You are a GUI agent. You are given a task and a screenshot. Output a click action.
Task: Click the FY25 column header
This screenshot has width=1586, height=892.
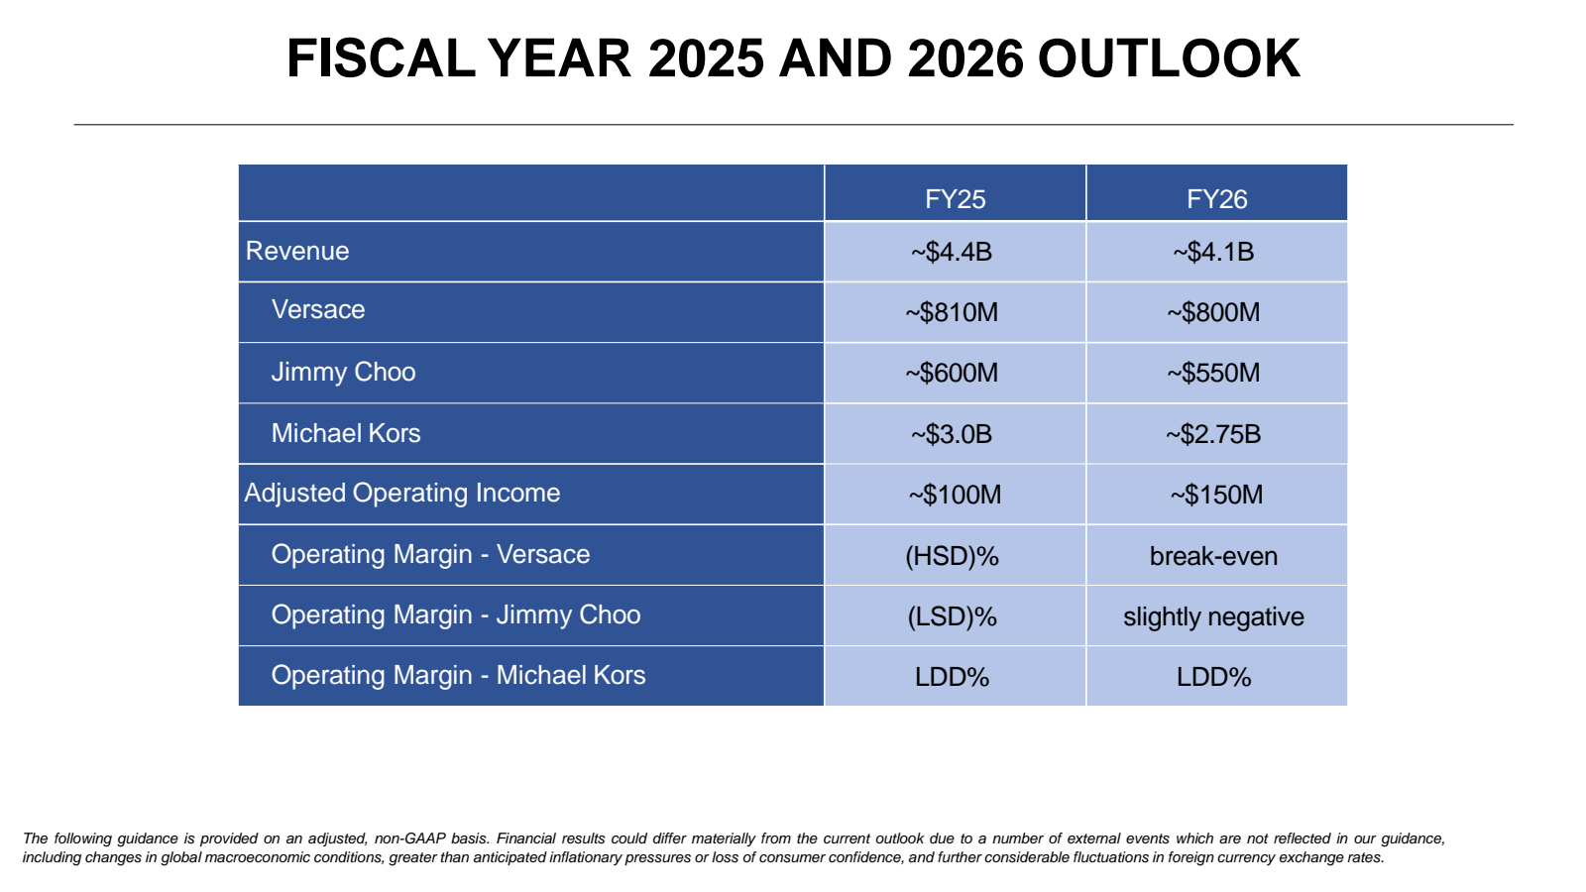(x=955, y=199)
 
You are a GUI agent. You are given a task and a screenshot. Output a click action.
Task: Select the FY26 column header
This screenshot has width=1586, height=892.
(x=1216, y=199)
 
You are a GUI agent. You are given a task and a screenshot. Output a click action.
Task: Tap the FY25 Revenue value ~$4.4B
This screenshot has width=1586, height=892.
(x=952, y=252)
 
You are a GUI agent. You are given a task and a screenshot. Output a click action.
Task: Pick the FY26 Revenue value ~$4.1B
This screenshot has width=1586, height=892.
(x=1213, y=252)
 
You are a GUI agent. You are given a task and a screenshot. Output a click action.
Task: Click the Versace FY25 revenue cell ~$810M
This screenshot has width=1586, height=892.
(x=952, y=312)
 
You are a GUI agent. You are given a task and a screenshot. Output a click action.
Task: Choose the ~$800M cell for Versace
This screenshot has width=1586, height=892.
(x=1213, y=312)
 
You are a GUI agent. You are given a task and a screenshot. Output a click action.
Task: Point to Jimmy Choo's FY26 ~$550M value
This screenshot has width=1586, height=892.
(x=1213, y=373)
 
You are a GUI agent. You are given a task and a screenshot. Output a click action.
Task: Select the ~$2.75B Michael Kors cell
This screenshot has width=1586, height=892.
(x=1213, y=434)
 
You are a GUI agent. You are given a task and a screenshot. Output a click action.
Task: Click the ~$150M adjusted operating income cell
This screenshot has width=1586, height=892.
(x=1216, y=495)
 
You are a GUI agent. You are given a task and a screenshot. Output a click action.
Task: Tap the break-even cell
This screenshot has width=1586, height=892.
(x=1213, y=556)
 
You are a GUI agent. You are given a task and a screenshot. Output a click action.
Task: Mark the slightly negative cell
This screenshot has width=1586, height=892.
(x=1213, y=616)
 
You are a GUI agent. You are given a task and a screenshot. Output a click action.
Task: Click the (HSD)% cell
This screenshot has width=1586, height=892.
(x=952, y=556)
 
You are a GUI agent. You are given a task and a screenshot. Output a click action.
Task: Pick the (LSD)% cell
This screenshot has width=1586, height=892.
(x=952, y=616)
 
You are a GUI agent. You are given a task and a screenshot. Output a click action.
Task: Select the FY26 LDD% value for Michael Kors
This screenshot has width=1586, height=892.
(x=1213, y=677)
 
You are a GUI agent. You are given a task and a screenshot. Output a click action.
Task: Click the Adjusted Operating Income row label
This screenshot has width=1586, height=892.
(x=402, y=493)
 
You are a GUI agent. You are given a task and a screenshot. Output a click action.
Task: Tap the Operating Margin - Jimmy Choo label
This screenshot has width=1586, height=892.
(x=456, y=614)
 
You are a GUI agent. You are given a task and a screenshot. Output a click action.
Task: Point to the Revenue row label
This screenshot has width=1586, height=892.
(x=297, y=251)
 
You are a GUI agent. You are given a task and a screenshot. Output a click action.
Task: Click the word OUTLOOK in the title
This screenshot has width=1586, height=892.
(x=1169, y=58)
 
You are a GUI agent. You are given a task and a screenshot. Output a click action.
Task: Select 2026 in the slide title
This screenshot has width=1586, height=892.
(x=965, y=58)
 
